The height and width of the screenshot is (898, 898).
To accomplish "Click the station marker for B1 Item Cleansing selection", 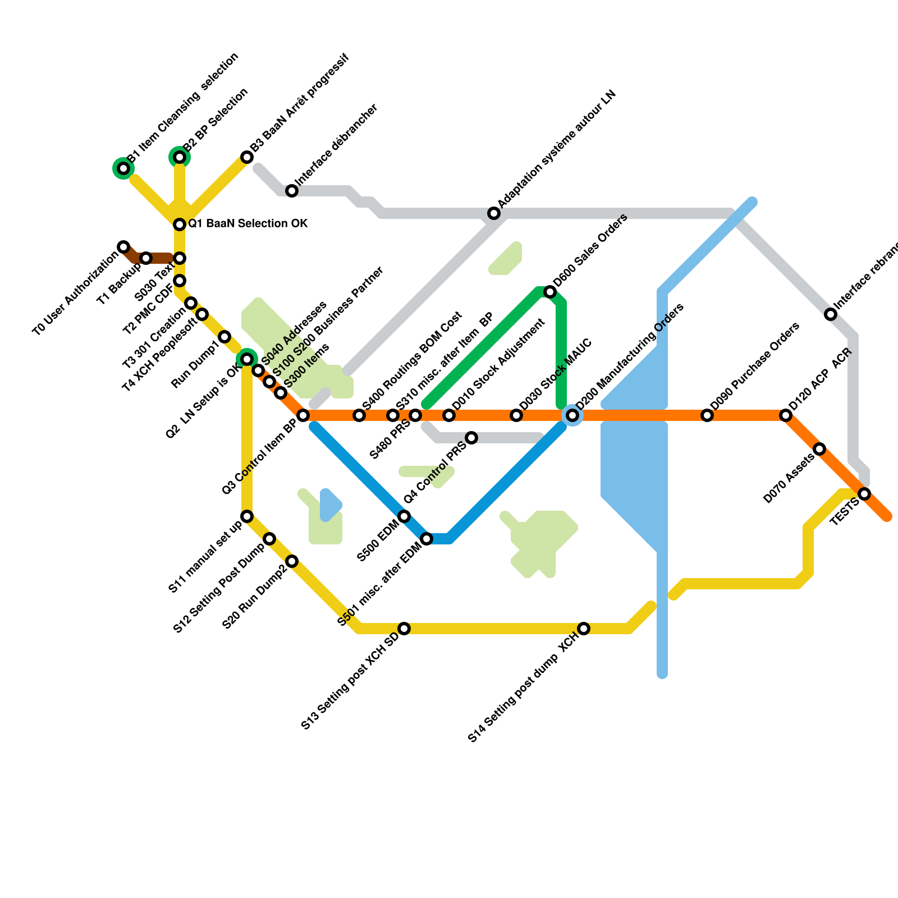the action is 123,168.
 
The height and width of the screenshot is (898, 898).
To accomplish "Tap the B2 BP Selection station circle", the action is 180,157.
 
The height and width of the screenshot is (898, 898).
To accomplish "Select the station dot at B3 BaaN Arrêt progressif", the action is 247,157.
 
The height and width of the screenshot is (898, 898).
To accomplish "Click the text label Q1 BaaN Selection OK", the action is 248,224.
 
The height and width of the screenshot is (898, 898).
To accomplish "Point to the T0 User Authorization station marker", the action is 123,247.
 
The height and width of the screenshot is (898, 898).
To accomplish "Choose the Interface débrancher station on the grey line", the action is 292,191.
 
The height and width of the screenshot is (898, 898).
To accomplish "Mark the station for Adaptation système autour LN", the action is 494,213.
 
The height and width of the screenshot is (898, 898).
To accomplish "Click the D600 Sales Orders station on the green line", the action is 550,292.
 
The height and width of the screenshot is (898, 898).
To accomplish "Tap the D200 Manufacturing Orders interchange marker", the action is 572,415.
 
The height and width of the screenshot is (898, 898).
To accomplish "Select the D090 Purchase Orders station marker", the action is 707,415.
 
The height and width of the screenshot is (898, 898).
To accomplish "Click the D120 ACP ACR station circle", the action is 786,415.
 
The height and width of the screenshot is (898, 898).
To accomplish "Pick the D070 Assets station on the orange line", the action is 819,449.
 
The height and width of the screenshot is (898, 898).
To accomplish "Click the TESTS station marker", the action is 864,494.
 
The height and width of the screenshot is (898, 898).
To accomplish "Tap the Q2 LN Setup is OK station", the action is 247,359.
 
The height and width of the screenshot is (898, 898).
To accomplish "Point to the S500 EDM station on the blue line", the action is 404,516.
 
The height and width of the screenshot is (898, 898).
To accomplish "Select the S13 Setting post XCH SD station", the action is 404,629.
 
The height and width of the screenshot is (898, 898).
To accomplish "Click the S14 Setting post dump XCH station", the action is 584,629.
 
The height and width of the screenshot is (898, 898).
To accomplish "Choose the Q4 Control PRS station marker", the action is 471,438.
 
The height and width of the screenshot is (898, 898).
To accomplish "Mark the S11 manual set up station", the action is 247,516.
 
